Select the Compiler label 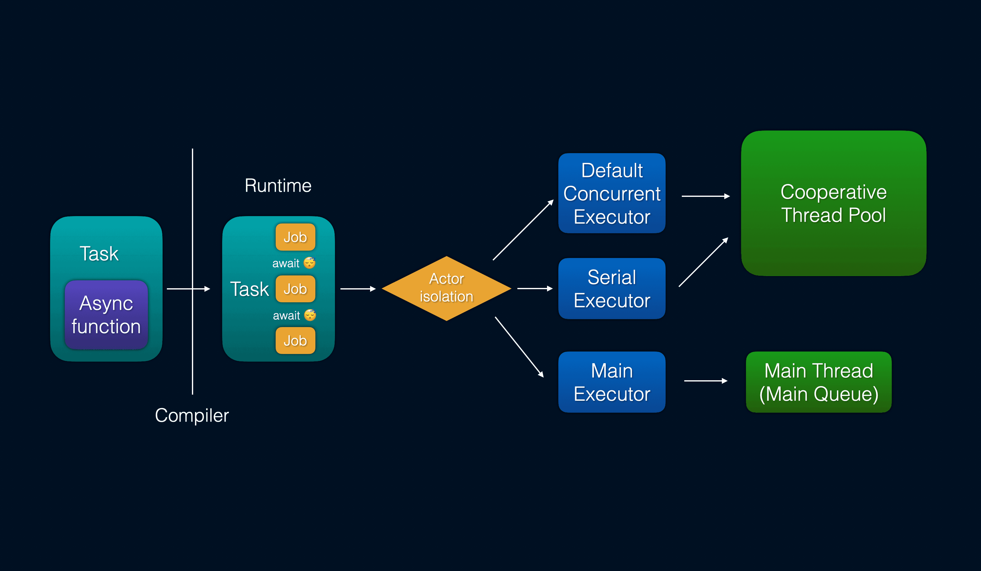point(192,415)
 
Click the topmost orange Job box point(295,237)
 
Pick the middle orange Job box point(295,289)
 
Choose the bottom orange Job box point(295,341)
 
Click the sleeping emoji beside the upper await point(310,263)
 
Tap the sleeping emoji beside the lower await point(310,315)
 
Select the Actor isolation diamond point(446,288)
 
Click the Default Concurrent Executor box point(612,193)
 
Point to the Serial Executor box point(612,288)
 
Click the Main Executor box point(612,382)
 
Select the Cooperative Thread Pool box point(833,203)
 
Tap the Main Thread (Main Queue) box point(818,382)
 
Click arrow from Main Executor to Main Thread point(705,381)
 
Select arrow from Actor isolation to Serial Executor point(535,288)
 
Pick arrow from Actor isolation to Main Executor point(519,347)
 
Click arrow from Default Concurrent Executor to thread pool point(705,196)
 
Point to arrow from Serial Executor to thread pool point(703,262)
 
